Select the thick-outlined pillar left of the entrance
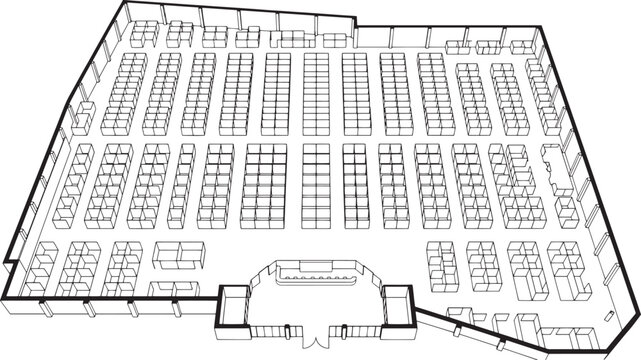tap(234, 305)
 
